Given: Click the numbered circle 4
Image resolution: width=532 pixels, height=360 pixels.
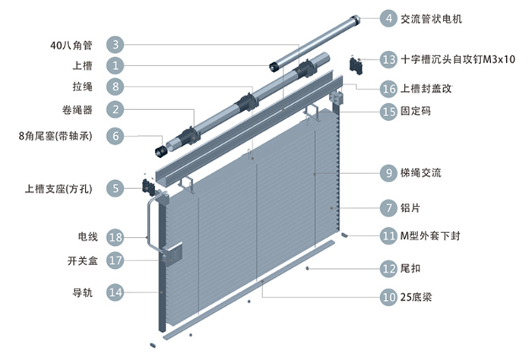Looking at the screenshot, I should [389, 17].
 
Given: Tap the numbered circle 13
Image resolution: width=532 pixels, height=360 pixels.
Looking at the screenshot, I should [389, 59].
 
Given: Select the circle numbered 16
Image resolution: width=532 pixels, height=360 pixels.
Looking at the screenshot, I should [389, 89].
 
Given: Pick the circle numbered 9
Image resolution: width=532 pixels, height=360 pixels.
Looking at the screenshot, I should [389, 173].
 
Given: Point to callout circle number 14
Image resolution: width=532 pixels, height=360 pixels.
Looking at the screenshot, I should [116, 291].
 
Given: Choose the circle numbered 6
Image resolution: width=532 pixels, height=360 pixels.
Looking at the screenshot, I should [116, 137].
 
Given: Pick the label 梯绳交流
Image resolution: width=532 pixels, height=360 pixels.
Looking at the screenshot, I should [420, 173].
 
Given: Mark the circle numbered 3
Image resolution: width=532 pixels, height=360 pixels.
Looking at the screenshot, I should [116, 45].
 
